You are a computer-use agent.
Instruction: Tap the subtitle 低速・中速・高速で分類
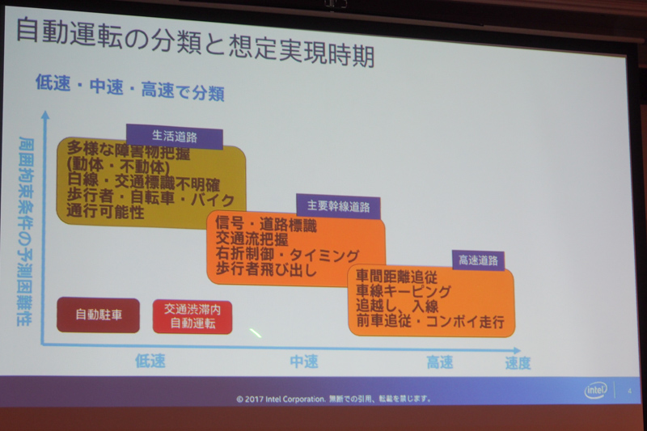[x=129, y=89]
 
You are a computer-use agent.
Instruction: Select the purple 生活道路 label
[x=175, y=136]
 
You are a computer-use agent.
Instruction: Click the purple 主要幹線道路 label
[x=338, y=207]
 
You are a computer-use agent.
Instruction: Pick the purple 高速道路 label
[x=478, y=260]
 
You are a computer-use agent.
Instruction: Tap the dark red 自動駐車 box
[x=99, y=315]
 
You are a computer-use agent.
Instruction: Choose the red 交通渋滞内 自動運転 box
[x=192, y=316]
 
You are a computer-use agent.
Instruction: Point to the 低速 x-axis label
[x=150, y=361]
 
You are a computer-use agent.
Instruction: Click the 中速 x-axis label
[x=305, y=361]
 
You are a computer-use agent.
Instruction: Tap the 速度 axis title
[x=518, y=363]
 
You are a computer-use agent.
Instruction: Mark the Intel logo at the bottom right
[x=597, y=391]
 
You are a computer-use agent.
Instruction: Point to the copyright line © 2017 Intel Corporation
[x=333, y=398]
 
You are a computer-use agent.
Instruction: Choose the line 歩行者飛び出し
[x=267, y=270]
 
